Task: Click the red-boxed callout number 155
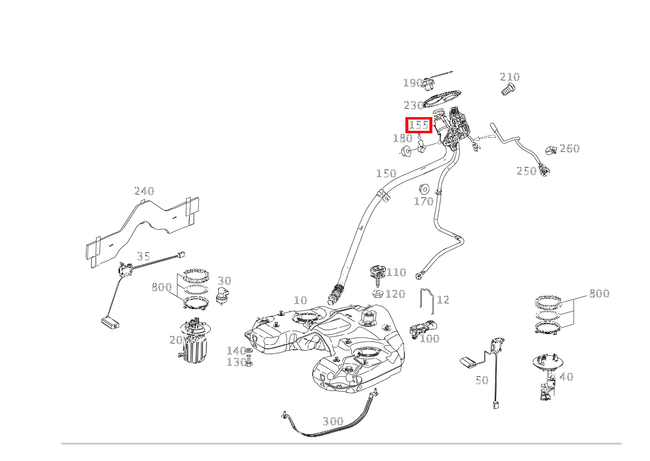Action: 419,125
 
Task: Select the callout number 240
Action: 144,191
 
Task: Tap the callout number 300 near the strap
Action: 333,421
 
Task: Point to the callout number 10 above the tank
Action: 300,300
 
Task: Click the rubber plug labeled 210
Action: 508,90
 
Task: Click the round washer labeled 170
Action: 424,189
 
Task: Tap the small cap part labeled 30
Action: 224,296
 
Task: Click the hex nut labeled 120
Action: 378,294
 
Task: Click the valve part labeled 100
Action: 422,328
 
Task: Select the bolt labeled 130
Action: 249,363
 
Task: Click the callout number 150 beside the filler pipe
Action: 386,173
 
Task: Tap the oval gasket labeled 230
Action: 442,98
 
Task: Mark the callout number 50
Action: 482,380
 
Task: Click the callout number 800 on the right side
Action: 599,293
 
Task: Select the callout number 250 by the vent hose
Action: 526,171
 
